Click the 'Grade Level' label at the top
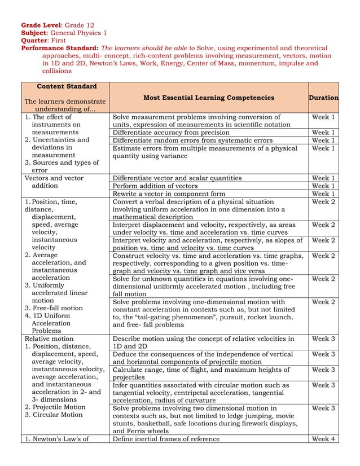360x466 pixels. click(x=42, y=25)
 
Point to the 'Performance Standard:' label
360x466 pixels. click(x=60, y=49)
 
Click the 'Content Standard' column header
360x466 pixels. click(x=66, y=86)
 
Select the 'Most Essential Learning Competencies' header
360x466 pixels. click(x=208, y=98)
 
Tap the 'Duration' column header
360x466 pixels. click(x=323, y=98)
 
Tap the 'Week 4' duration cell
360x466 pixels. click(x=323, y=439)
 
